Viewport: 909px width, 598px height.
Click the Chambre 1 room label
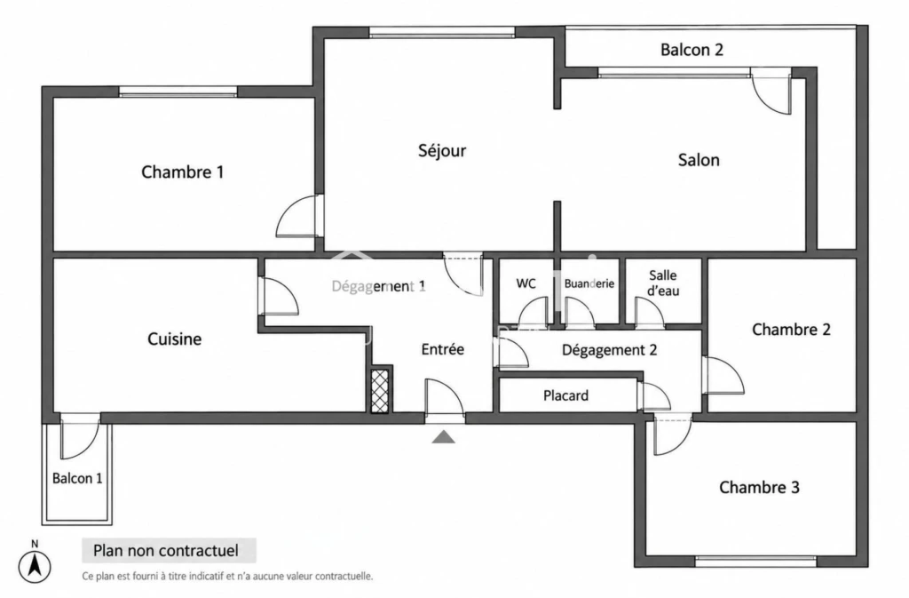point(182,171)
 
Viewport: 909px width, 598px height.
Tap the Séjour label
point(442,151)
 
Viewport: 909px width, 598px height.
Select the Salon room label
point(699,160)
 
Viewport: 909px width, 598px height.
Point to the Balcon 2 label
point(692,50)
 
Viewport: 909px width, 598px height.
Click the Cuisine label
point(175,339)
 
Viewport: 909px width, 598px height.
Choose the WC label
point(526,283)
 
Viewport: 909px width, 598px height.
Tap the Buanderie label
point(589,283)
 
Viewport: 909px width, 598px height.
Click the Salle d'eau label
point(662,283)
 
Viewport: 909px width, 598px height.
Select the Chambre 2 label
point(791,330)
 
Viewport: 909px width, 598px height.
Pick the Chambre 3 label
point(759,487)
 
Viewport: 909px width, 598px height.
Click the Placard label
point(565,395)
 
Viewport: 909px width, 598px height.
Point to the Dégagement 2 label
point(609,350)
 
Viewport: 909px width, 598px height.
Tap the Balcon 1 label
point(77,479)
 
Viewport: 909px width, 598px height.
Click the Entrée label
point(442,349)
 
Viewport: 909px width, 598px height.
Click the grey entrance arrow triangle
point(444,437)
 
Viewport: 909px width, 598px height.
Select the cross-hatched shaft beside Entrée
point(379,391)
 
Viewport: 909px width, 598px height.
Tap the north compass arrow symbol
point(35,565)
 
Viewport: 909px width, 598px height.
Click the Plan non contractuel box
point(169,550)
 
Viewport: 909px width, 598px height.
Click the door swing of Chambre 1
point(298,216)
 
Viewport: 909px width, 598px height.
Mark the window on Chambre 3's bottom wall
point(755,561)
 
